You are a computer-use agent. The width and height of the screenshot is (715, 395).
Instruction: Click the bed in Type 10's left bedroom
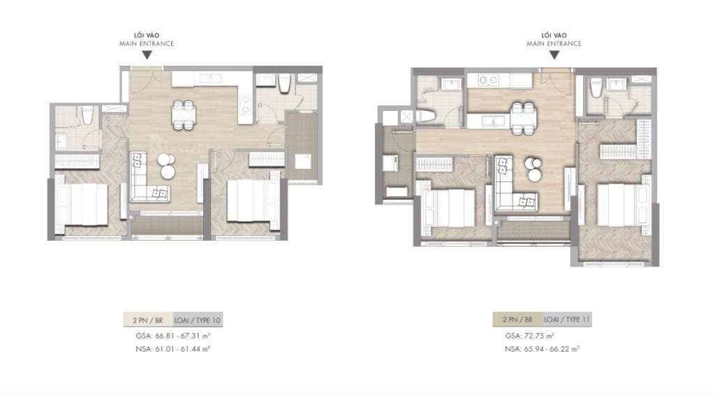click(x=82, y=201)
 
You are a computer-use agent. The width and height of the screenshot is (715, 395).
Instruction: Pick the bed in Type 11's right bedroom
click(x=617, y=203)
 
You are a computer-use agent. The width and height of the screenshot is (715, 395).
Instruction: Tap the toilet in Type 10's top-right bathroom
click(x=284, y=85)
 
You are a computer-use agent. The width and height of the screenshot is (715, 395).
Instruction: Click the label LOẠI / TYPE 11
click(x=566, y=320)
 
